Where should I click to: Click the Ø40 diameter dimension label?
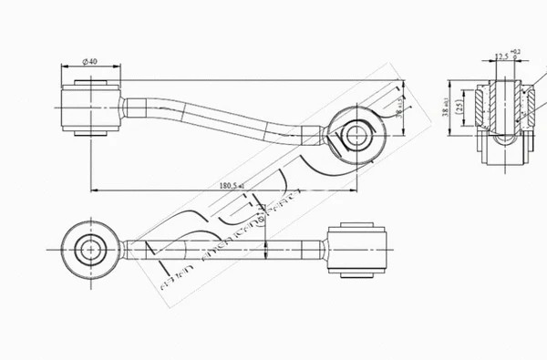[90, 61]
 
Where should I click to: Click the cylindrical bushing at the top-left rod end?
[90, 108]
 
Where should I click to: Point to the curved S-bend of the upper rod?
[246, 123]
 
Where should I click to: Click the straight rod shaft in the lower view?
[219, 246]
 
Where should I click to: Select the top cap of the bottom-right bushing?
[356, 221]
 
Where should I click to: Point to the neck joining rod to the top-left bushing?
[129, 107]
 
